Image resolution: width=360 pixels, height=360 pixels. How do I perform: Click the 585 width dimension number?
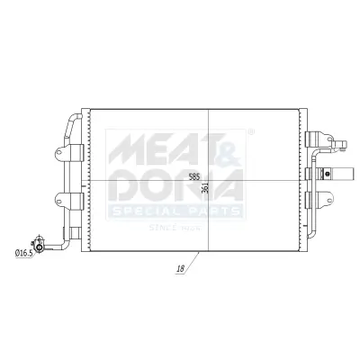pos(193,177)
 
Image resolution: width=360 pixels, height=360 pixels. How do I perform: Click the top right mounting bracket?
pos(319,139)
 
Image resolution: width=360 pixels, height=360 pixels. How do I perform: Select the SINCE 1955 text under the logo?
pos(176,227)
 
